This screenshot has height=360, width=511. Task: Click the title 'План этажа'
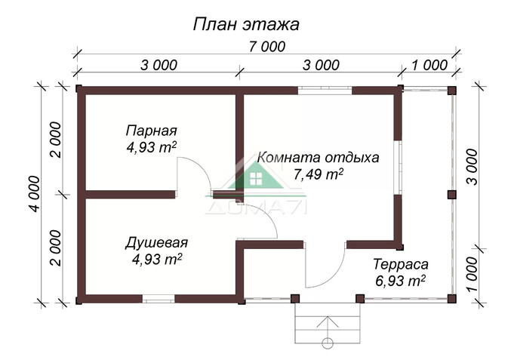click(246, 23)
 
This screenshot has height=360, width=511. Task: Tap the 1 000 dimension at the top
click(429, 66)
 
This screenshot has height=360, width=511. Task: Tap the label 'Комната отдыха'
click(318, 158)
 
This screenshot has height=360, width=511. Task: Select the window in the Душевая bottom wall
click(159, 299)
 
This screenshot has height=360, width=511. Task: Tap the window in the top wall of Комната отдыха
click(325, 91)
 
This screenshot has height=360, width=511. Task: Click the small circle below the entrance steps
click(327, 345)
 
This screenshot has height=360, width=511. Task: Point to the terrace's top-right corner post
click(451, 91)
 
